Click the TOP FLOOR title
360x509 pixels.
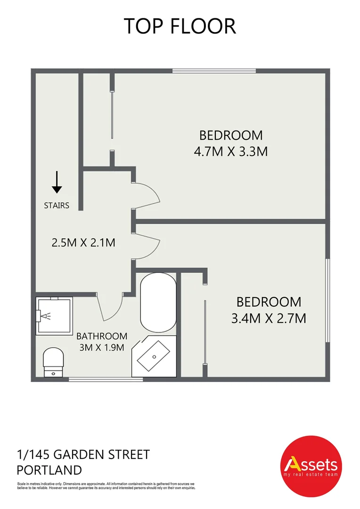[x=180, y=26]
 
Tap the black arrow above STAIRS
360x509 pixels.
[x=57, y=182]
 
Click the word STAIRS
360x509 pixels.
[x=57, y=205]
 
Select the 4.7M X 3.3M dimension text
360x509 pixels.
[x=231, y=152]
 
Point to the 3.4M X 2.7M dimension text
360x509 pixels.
[x=269, y=318]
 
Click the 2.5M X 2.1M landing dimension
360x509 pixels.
[x=83, y=243]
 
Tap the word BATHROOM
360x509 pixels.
[x=102, y=336]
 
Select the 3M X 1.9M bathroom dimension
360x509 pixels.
[x=102, y=348]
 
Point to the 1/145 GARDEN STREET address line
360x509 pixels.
[x=83, y=455]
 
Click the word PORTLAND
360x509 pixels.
[x=49, y=470]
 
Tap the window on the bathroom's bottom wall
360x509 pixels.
[x=106, y=378]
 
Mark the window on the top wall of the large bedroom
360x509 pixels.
[x=214, y=71]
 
